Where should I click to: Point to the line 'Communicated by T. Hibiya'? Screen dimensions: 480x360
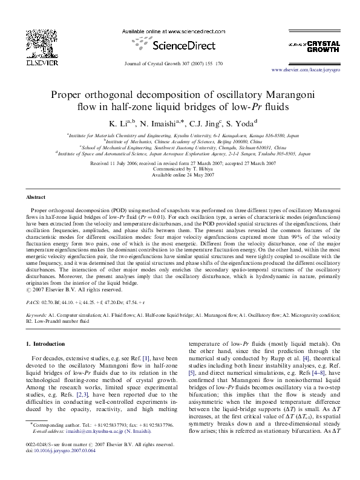pyautogui.click(x=180, y=169)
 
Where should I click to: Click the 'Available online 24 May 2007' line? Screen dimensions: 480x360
pyautogui.click(x=180, y=175)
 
